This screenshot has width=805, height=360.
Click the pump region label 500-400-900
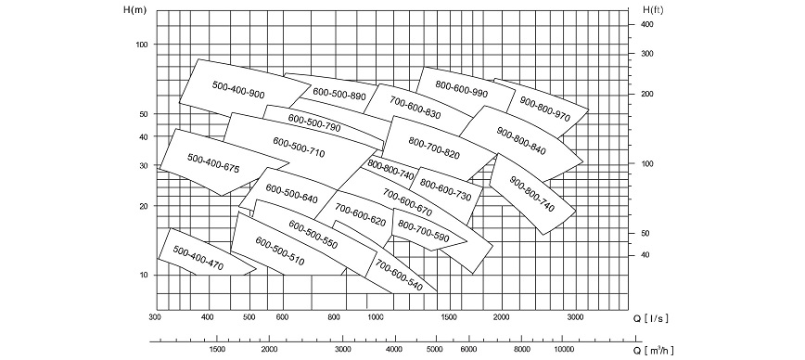pyautogui.click(x=238, y=90)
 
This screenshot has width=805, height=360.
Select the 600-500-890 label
pyautogui.click(x=339, y=94)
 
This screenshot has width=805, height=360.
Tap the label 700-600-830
pyautogui.click(x=415, y=109)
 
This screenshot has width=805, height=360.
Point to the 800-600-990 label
pyautogui.click(x=461, y=89)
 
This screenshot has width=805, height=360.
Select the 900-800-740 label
pyautogui.click(x=531, y=195)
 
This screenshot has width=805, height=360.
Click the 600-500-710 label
pyautogui.click(x=299, y=147)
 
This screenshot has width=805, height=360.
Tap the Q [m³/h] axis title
pyautogui.click(x=651, y=350)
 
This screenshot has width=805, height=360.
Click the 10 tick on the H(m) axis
pyautogui.click(x=144, y=275)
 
